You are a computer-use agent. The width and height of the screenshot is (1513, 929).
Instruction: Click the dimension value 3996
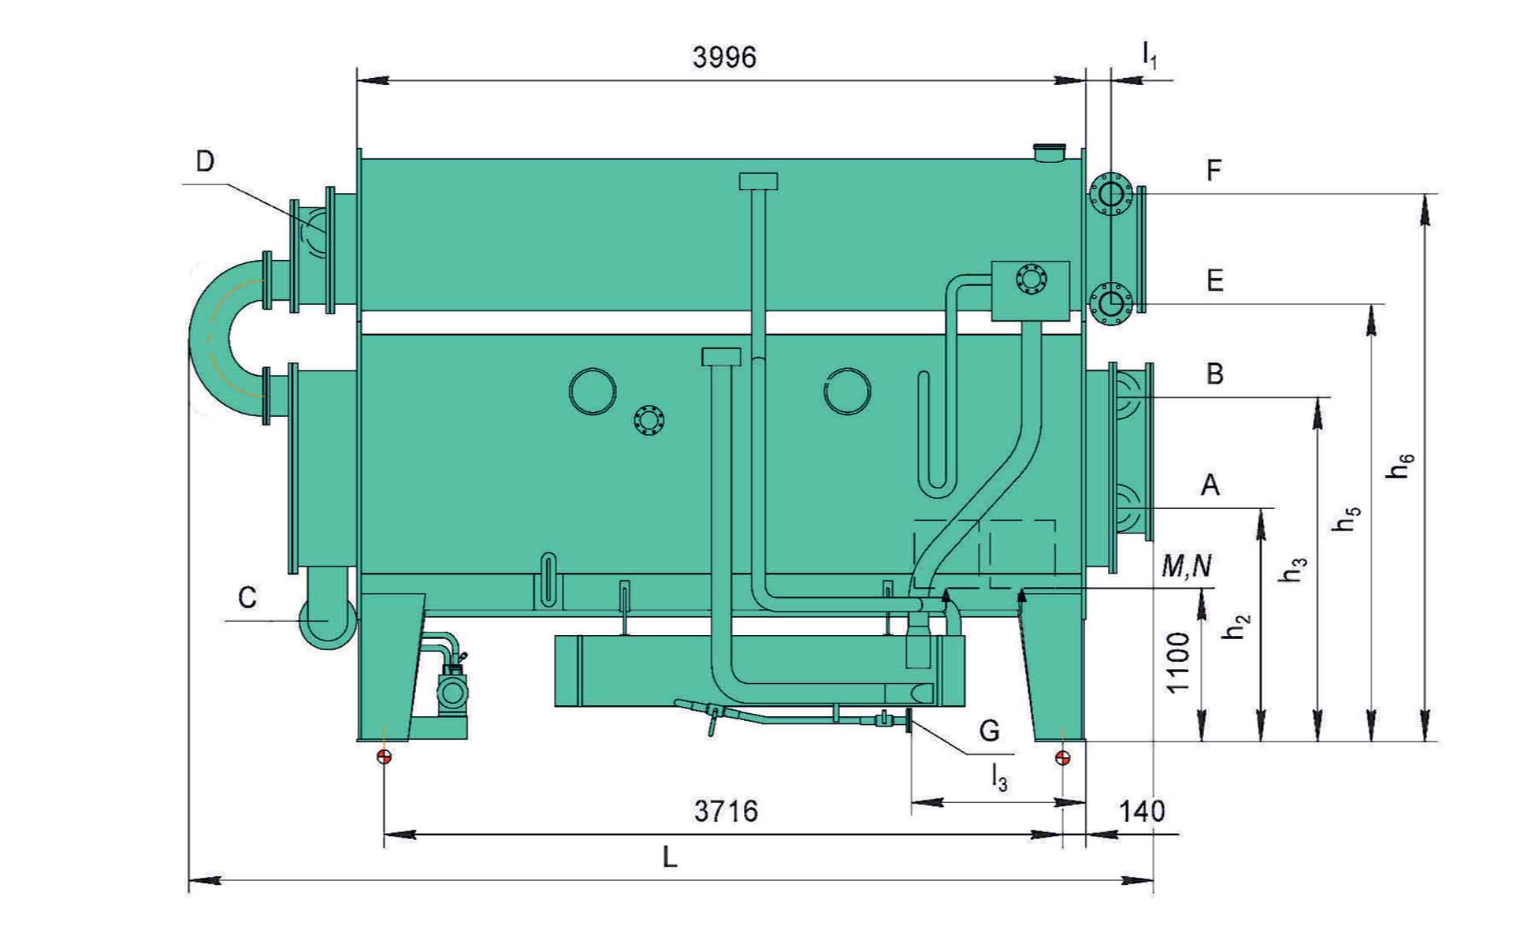(x=724, y=58)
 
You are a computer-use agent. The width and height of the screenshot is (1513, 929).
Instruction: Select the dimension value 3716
(x=726, y=810)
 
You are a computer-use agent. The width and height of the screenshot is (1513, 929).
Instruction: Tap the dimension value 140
(x=1142, y=810)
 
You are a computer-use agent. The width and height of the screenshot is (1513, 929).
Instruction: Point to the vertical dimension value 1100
(x=1177, y=662)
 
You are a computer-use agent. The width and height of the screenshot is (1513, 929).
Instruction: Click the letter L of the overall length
(x=670, y=857)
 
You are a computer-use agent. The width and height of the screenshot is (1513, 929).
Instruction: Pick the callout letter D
(x=204, y=162)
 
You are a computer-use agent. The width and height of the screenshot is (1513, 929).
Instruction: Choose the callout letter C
(x=247, y=597)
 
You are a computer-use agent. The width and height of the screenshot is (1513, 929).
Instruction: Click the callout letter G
(x=989, y=730)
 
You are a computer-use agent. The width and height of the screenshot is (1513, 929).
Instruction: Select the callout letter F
(x=1214, y=170)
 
